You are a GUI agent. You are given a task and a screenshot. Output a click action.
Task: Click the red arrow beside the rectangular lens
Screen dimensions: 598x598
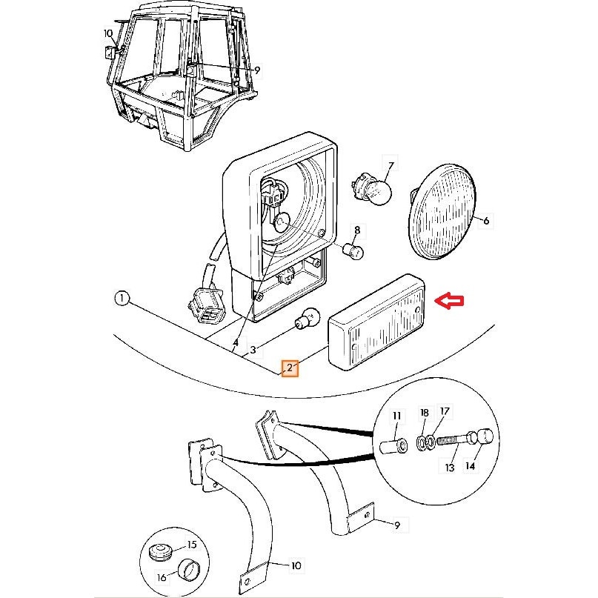(451, 300)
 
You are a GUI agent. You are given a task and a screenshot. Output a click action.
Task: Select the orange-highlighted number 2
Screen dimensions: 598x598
(290, 368)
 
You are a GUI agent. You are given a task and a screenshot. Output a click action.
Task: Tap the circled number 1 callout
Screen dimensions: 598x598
(122, 300)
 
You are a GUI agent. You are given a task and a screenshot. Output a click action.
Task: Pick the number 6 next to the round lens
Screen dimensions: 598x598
(486, 221)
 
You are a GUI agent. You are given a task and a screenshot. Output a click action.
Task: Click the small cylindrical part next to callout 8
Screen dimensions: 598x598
(353, 252)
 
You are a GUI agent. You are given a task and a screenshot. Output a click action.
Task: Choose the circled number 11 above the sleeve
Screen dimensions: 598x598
(396, 416)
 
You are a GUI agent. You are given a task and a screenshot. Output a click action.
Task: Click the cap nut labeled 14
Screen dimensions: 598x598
(482, 437)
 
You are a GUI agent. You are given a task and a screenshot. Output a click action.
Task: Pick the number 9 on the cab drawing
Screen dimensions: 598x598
(257, 70)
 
